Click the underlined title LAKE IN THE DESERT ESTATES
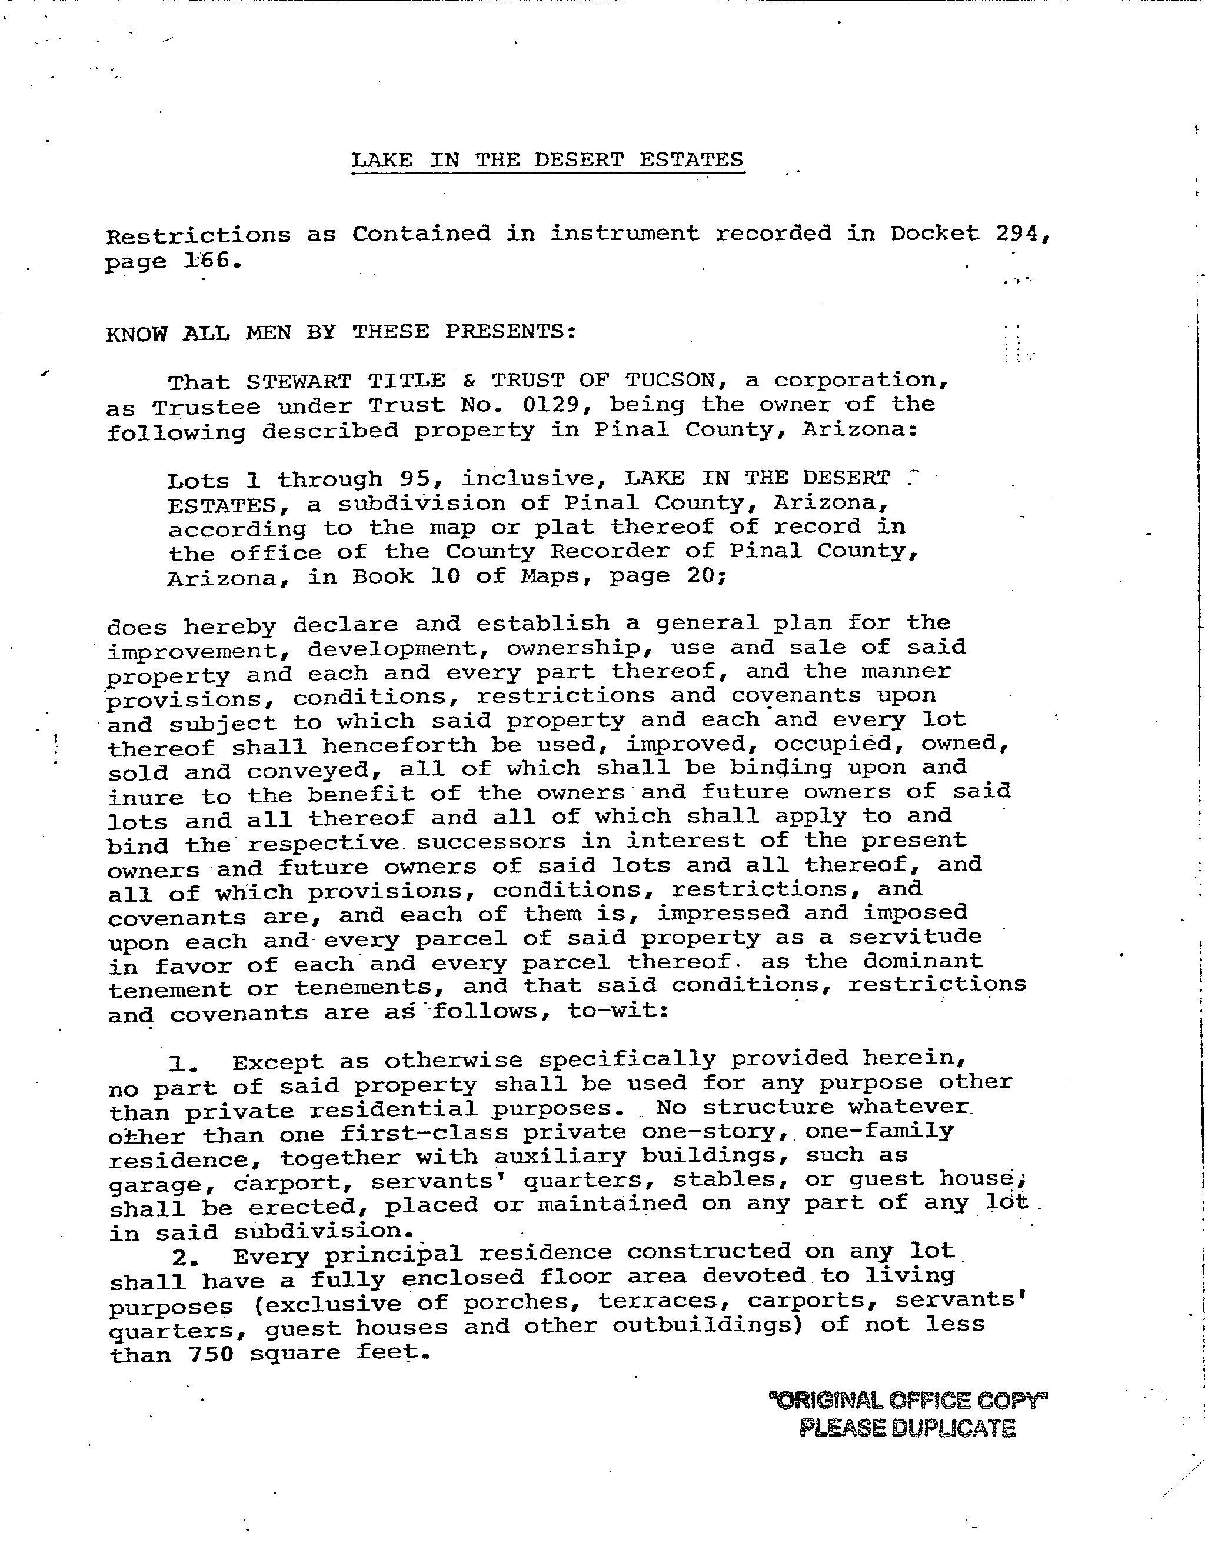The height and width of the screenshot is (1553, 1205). click(547, 159)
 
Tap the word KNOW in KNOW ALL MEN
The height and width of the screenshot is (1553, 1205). click(136, 334)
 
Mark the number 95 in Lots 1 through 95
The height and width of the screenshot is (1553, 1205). click(415, 479)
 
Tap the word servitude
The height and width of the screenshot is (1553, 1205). click(915, 937)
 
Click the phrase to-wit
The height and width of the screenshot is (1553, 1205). click(617, 1011)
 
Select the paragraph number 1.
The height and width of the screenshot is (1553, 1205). click(179, 1064)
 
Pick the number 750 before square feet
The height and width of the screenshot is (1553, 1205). click(211, 1354)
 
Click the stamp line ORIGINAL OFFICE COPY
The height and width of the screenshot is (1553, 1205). click(908, 1400)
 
